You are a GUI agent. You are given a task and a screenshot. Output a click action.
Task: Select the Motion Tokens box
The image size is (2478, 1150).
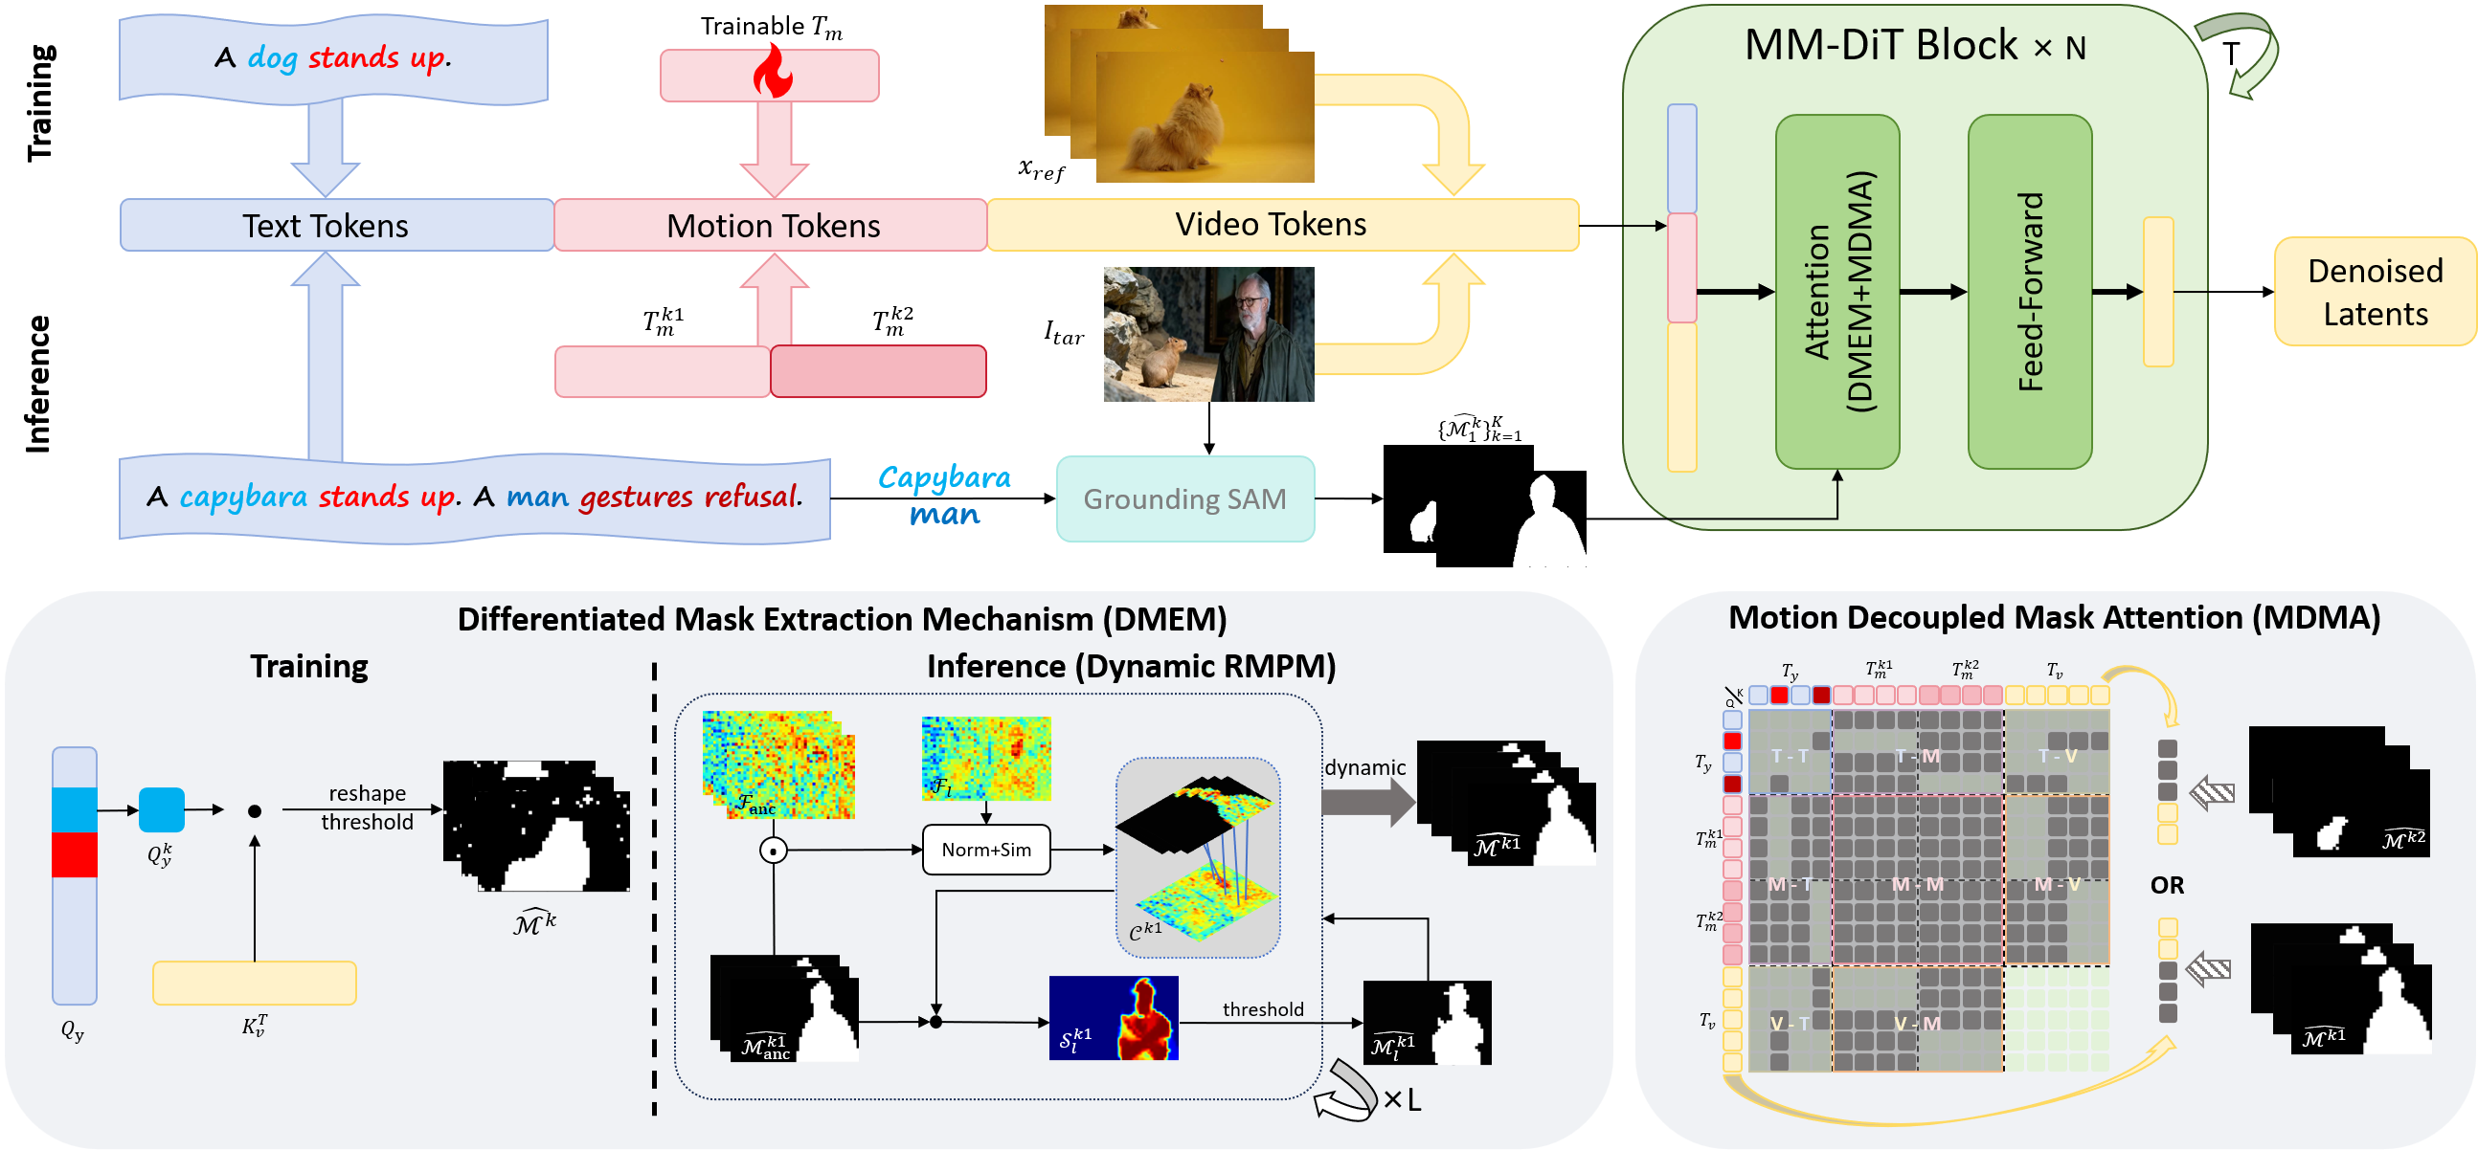pos(772,226)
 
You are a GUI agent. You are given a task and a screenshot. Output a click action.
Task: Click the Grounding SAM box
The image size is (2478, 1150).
pos(1185,499)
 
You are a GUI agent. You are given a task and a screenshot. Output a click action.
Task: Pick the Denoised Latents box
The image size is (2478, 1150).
pos(2374,293)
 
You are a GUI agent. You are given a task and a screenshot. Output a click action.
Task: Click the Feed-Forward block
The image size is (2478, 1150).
pos(2030,292)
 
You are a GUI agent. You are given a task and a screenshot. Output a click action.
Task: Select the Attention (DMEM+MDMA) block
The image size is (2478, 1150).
pos(1837,292)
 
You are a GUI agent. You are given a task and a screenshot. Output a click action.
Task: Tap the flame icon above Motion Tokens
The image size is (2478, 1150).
pos(772,72)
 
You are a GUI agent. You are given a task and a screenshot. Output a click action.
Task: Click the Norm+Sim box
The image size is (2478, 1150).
pos(986,850)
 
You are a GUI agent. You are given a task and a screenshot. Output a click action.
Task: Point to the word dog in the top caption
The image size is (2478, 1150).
pos(272,57)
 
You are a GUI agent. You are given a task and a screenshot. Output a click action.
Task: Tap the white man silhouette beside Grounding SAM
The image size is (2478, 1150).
pos(1546,524)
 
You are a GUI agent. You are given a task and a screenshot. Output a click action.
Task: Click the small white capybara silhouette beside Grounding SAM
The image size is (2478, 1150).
pos(1423,522)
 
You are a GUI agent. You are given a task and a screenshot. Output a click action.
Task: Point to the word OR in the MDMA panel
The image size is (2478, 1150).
pos(2166,885)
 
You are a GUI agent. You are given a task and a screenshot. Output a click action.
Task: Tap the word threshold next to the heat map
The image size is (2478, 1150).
pos(1263,1009)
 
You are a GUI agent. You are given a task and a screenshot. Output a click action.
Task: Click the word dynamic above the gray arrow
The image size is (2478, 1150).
pos(1365,767)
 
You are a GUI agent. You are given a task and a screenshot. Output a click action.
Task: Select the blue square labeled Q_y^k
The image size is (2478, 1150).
pos(162,809)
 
